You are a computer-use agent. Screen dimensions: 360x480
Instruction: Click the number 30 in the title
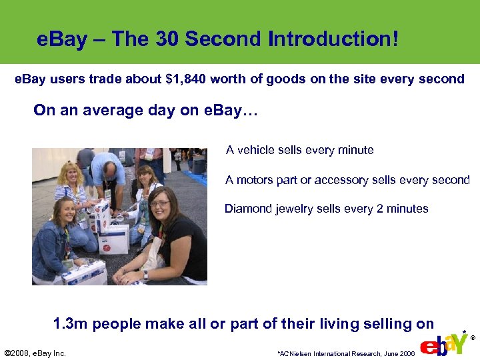coord(168,39)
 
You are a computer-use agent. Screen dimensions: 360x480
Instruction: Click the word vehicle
coord(257,150)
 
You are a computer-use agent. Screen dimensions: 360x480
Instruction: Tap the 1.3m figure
coord(70,324)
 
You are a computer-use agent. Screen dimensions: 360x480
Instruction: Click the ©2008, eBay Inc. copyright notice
coord(35,353)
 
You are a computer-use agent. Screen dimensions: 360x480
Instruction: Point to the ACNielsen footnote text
coord(346,353)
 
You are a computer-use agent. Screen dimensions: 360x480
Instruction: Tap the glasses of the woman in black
coord(160,203)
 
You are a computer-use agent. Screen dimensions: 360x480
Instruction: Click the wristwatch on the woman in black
coord(145,275)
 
